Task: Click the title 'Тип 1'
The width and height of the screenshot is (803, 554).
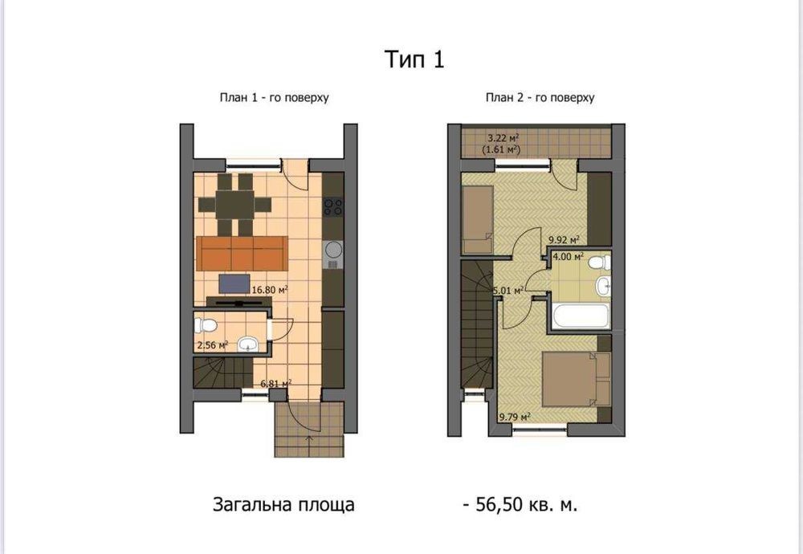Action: tap(414, 59)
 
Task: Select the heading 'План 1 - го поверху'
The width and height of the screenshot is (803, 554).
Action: tap(274, 97)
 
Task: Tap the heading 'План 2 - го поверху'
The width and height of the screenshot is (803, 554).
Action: tap(540, 97)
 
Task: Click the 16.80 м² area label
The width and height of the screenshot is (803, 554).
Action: tap(269, 290)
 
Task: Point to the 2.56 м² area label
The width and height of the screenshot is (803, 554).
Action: tap(213, 345)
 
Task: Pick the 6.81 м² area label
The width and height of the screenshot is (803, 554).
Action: tap(276, 384)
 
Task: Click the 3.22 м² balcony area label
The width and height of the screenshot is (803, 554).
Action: tap(503, 138)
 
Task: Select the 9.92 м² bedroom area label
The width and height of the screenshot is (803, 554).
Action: tap(564, 239)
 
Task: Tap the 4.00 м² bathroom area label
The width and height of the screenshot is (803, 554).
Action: tap(568, 256)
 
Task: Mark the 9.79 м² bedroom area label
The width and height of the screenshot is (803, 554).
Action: tap(515, 418)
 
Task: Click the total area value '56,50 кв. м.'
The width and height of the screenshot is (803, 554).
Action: tap(527, 505)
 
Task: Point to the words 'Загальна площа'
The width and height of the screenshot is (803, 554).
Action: tap(283, 505)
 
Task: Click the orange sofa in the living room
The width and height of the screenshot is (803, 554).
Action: tap(241, 253)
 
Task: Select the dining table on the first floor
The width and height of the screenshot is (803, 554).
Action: tap(234, 206)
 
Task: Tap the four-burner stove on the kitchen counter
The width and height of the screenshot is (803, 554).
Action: tap(333, 207)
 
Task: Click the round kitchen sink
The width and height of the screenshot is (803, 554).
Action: tap(333, 250)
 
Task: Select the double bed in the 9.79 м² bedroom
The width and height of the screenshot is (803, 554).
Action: tap(576, 379)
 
